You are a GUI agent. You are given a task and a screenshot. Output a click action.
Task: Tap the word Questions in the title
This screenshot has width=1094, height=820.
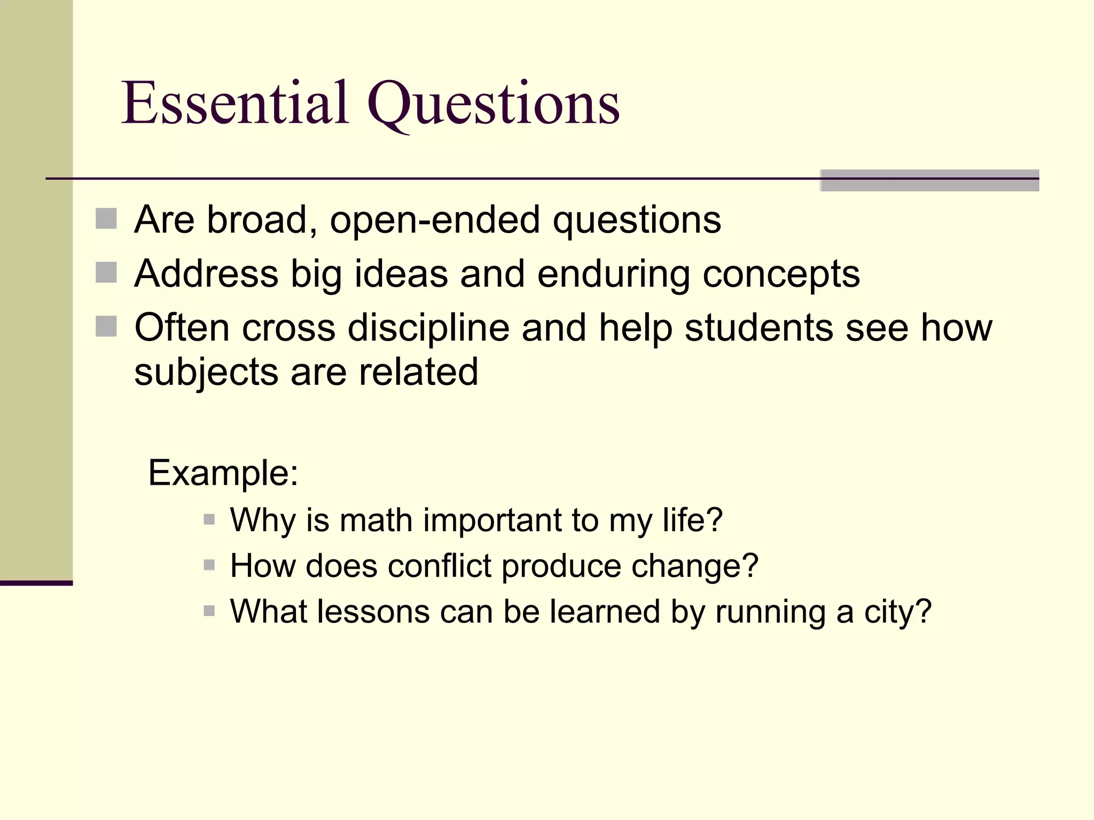point(494,104)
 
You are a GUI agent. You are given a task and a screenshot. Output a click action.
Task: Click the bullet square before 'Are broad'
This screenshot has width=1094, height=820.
point(106,219)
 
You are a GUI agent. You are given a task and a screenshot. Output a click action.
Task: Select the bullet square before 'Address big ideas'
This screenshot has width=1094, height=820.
point(106,272)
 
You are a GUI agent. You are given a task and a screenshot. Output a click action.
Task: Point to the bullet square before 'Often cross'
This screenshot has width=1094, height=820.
point(106,326)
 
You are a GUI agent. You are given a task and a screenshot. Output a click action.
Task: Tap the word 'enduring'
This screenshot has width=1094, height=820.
point(613,274)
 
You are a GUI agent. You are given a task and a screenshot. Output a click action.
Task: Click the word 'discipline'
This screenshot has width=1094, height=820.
point(428,328)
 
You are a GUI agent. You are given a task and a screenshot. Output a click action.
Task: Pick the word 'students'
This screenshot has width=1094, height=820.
point(759,328)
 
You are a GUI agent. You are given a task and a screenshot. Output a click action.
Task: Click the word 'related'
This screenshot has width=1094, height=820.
point(418,372)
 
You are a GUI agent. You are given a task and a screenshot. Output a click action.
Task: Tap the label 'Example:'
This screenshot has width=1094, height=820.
point(223,473)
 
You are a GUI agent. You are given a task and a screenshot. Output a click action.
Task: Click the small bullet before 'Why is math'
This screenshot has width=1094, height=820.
point(209,519)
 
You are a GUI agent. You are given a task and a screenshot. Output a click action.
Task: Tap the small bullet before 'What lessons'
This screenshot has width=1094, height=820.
point(209,610)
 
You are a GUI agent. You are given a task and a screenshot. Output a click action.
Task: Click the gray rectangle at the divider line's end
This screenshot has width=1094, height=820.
point(929,180)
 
